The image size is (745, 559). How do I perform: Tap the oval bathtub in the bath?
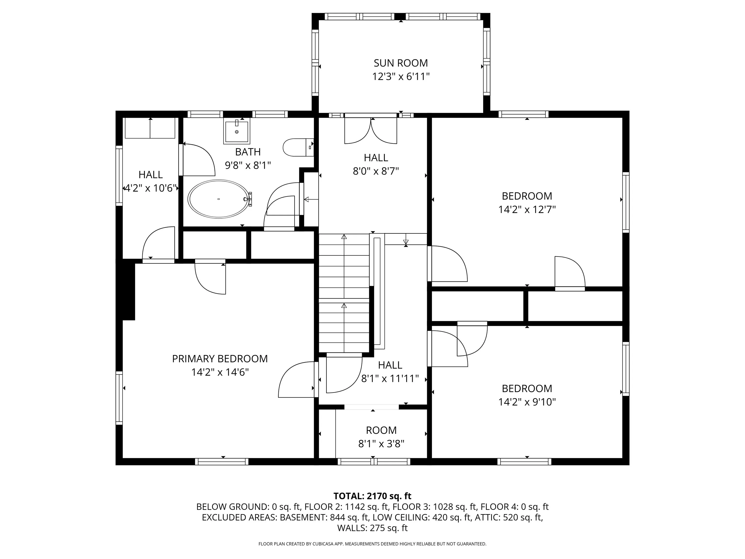pos(219,199)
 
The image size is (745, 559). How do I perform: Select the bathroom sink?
pos(237,131)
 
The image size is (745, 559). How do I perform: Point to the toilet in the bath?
pos(298,147)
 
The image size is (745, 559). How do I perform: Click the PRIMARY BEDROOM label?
pos(220,359)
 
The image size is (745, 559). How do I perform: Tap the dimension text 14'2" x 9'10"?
pos(527,402)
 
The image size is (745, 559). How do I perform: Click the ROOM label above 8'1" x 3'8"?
pos(381,430)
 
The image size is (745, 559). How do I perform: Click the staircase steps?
pos(344,293)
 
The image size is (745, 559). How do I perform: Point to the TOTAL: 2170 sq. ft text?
pos(372,496)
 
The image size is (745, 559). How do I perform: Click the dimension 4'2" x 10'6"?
pos(151,188)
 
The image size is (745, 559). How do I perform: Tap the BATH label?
pos(248,152)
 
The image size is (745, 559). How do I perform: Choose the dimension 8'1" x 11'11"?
pos(390,379)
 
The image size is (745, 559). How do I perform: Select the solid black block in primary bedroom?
pos(128,291)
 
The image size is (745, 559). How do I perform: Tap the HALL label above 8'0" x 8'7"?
pos(376,158)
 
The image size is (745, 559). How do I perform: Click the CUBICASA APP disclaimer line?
pos(372,544)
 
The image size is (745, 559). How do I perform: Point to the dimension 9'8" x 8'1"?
pos(248,165)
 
